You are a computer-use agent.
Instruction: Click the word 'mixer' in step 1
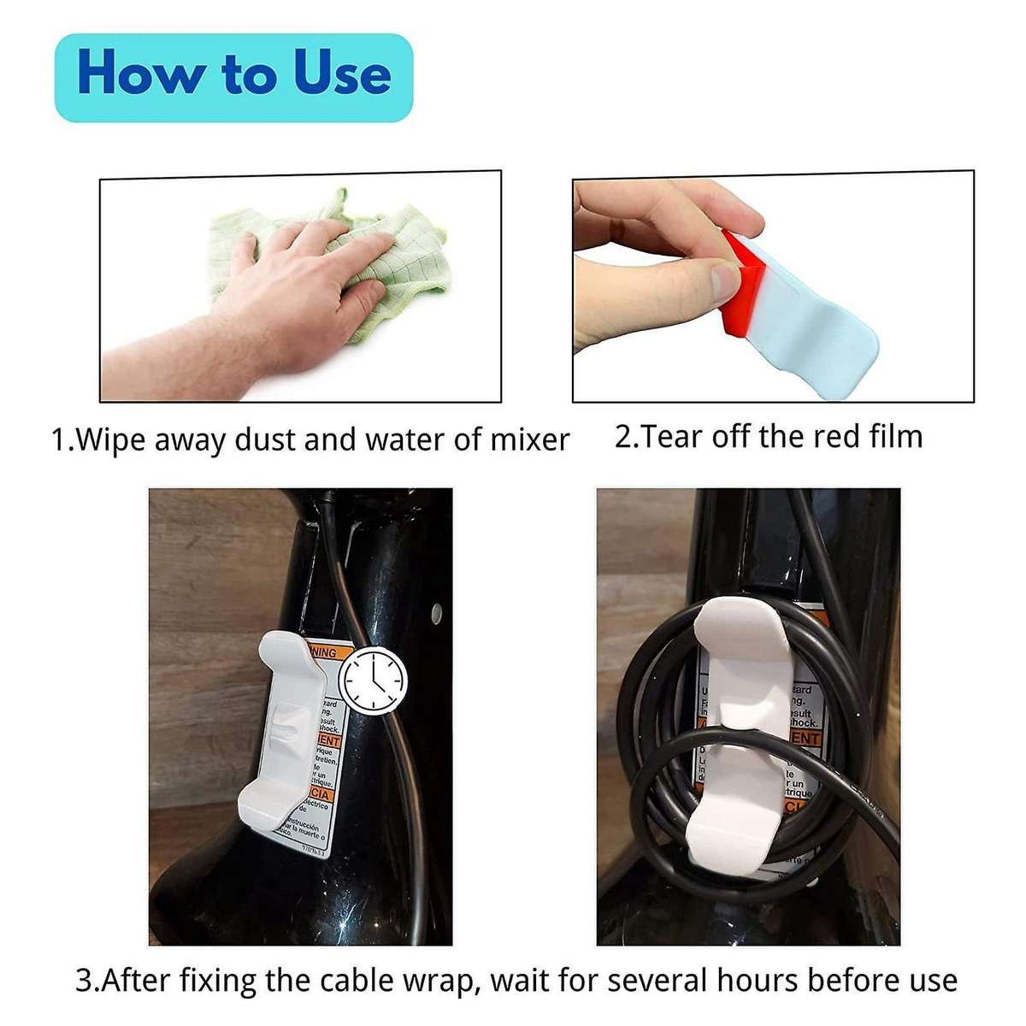coord(529,439)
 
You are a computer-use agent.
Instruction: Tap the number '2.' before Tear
coord(627,436)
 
